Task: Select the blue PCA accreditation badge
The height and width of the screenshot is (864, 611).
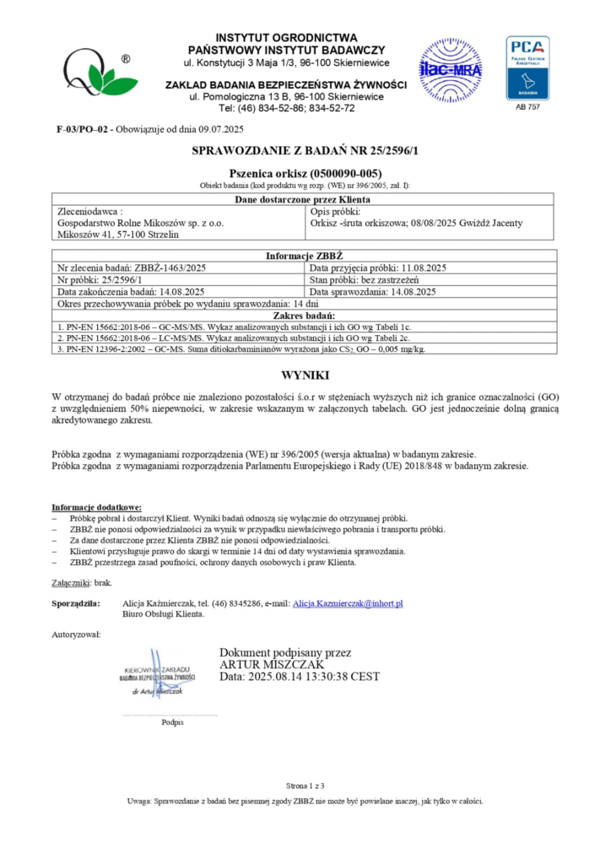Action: [x=527, y=67]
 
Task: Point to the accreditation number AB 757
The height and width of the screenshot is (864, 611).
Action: [x=527, y=108]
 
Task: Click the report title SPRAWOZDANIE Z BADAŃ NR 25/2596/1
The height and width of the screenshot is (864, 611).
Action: [x=305, y=151]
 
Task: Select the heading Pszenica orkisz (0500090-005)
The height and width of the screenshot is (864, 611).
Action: [x=305, y=172]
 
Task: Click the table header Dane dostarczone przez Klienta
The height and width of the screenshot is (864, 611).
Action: [x=305, y=199]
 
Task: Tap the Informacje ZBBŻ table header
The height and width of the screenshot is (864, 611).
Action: [x=305, y=256]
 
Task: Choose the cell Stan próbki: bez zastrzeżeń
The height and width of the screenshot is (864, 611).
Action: [x=372, y=280]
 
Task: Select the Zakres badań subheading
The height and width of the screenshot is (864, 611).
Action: [x=305, y=316]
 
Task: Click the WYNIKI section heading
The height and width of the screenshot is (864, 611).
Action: [x=305, y=375]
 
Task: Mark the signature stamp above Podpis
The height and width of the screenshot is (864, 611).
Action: [x=158, y=675]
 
